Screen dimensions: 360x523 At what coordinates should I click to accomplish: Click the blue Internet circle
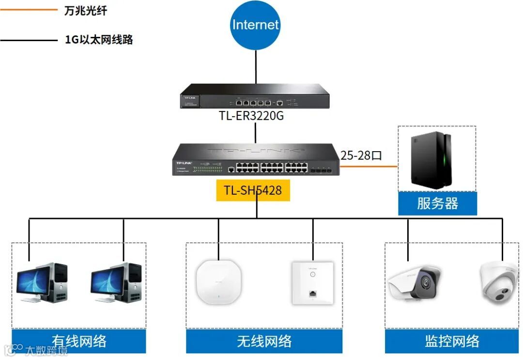pos(256,25)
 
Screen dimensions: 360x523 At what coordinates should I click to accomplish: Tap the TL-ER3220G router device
pos(255,95)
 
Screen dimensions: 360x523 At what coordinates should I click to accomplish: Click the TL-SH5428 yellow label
pos(253,190)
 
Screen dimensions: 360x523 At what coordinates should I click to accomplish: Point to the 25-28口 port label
pos(361,156)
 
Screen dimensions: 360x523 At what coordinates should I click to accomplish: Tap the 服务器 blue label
pos(437,203)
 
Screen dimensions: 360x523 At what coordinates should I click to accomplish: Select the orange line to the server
pos(368,167)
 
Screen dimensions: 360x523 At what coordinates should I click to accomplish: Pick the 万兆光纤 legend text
pos(86,11)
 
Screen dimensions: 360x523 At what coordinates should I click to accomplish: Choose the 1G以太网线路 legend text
pos(99,40)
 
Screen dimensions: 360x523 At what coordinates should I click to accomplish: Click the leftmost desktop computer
pos(42,283)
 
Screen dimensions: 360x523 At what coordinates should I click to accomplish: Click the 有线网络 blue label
pos(79,341)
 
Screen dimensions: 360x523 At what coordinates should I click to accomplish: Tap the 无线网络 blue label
pos(264,341)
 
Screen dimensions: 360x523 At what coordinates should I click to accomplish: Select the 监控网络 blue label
pos(452,341)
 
